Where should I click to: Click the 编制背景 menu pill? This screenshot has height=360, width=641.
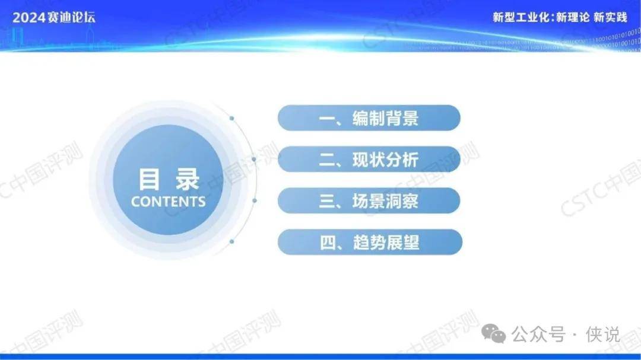369,118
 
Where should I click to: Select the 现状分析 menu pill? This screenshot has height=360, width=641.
369,160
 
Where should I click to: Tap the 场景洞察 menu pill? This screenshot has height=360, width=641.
369,200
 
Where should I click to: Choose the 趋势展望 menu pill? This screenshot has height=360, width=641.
370,243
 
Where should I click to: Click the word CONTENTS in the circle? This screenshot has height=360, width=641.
168,202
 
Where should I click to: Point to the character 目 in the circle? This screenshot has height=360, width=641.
149,179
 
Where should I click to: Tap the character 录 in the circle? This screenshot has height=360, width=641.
187,179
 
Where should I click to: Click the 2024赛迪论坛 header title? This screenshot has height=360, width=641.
53,18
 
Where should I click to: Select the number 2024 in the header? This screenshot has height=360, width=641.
28,18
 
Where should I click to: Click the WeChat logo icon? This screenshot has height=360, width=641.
493,334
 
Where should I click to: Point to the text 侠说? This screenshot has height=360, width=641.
603,334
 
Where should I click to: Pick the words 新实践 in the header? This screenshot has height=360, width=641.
610,17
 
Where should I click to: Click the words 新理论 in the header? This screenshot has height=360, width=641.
573,17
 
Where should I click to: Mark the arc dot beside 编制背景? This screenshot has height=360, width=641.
232,118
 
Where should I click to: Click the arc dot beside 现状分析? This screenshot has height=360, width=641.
254,159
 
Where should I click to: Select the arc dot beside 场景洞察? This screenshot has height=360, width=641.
254,200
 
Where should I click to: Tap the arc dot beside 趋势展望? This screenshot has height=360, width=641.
232,241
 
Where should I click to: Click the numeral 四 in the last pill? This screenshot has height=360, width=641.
328,243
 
